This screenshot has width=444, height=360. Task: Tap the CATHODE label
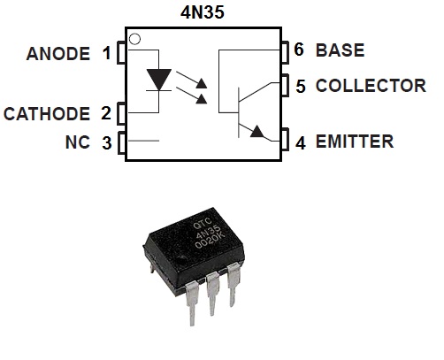coord(47,114)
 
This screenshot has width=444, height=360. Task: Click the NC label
coord(78,142)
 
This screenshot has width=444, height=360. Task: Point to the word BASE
coord(340,50)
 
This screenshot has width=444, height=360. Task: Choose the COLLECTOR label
coord(371,86)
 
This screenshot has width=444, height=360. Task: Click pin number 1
coord(106,54)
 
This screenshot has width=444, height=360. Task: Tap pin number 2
coord(106,114)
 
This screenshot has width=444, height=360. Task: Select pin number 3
coord(106,142)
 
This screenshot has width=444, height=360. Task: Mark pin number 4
coord(301,142)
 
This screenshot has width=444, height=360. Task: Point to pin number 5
coord(301,86)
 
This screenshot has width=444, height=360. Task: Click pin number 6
coord(301,50)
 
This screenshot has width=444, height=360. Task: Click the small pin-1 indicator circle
coord(134,39)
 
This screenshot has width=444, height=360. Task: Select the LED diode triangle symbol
coord(158,80)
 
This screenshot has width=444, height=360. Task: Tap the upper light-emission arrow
coord(202,83)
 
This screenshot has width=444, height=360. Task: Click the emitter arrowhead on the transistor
coord(257,132)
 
